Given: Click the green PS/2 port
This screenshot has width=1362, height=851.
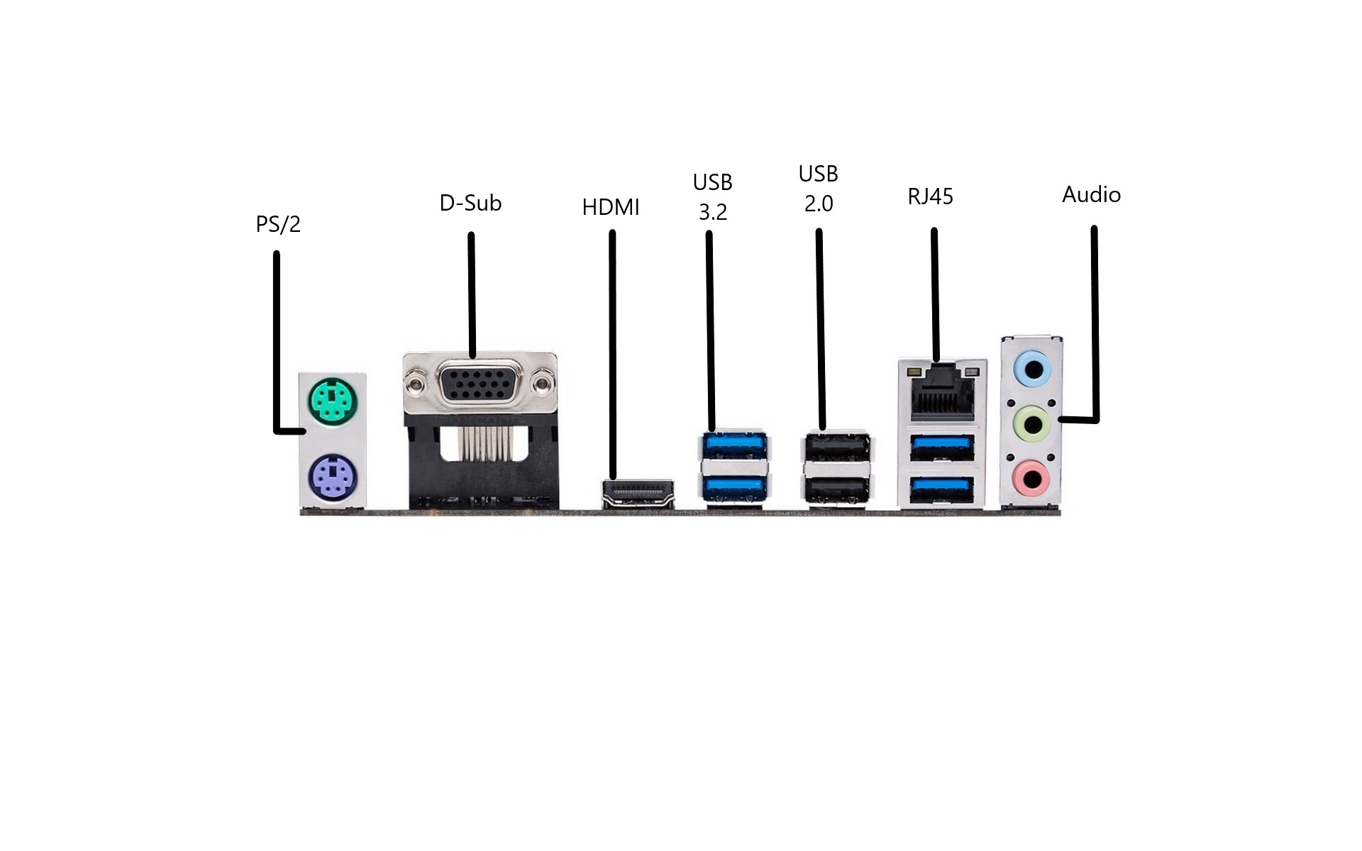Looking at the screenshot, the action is [x=333, y=402].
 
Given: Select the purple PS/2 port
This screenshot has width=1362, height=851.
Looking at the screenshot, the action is [x=333, y=477].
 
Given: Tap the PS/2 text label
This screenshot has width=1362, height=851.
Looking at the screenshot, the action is [x=278, y=224].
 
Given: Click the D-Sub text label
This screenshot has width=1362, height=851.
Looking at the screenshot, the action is [x=470, y=203].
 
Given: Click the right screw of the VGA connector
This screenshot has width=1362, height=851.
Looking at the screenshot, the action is [x=543, y=384].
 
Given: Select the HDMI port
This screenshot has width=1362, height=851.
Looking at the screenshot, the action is [x=638, y=494].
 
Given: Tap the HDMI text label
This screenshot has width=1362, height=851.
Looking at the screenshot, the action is [x=611, y=207].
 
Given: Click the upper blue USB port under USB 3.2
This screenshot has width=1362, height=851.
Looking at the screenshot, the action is [x=734, y=445].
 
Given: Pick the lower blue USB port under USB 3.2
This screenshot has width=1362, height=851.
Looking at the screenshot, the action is [x=734, y=488].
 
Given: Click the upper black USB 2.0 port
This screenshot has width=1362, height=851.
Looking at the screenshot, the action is [x=837, y=447].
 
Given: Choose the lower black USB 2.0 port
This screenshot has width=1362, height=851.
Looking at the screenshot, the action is [x=837, y=489].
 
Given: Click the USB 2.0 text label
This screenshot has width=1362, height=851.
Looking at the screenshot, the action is [x=819, y=189].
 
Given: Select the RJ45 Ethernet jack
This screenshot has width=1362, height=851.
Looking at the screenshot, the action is [x=943, y=391].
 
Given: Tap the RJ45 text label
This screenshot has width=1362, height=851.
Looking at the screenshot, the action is [x=930, y=196].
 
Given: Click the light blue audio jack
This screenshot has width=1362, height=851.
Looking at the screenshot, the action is [x=1032, y=369].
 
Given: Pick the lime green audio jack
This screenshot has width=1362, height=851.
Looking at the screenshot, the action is [x=1032, y=424].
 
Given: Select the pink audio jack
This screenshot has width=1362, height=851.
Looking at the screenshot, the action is [x=1031, y=479].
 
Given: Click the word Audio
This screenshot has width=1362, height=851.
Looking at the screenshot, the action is [x=1091, y=194].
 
